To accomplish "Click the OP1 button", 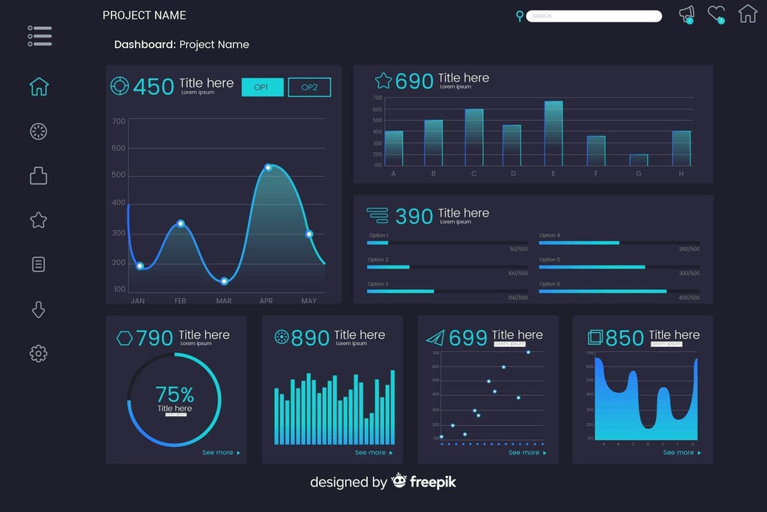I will click(262, 88).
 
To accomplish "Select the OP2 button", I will click(309, 88).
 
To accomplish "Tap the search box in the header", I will click(593, 16).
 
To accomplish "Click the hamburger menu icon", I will click(40, 36).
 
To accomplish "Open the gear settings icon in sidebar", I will click(38, 354).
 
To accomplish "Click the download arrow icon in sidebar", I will click(38, 310).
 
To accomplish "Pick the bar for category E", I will click(554, 133).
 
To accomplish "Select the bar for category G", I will click(639, 160).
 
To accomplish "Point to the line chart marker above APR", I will click(268, 168).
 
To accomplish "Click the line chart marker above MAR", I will click(224, 281).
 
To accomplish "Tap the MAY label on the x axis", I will click(309, 301).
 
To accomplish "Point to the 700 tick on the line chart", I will click(118, 121).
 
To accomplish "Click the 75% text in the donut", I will click(175, 394).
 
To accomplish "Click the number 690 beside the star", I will click(414, 82).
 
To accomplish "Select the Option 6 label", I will click(549, 284).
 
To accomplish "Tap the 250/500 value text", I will click(688, 249).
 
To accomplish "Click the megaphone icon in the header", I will click(686, 13).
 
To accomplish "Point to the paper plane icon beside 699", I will click(435, 338).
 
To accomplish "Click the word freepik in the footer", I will click(432, 482).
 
